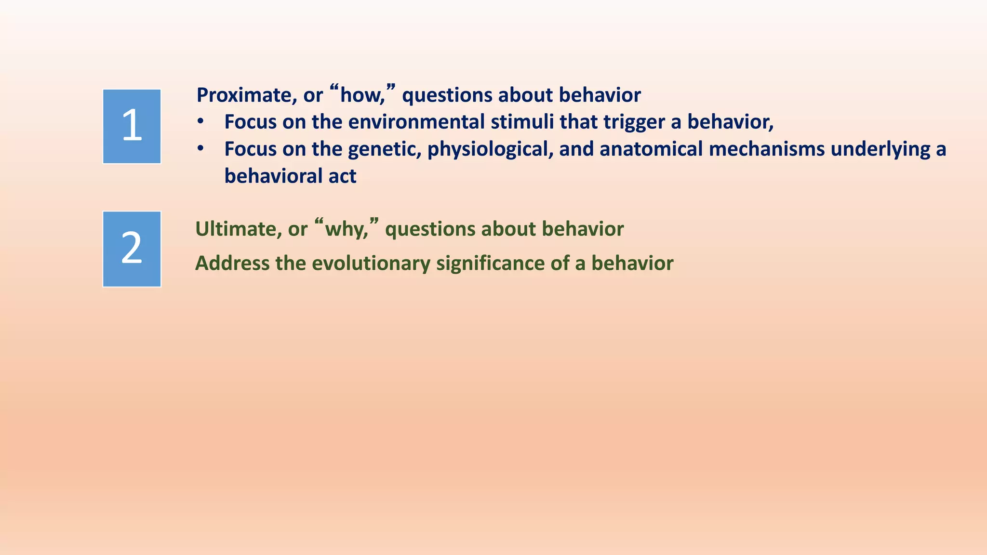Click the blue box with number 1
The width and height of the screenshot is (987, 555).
point(132,126)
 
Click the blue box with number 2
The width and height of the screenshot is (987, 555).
point(132,249)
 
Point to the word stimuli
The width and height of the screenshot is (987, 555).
point(522,122)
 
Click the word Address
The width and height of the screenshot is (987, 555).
point(232,264)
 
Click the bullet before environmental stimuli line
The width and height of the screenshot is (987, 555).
point(200,122)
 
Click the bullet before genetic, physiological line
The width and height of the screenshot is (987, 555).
point(200,149)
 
